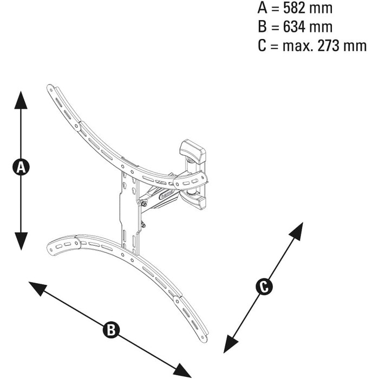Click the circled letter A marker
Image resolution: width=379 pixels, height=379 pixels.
[21, 167]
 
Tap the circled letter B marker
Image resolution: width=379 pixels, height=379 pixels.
[111, 329]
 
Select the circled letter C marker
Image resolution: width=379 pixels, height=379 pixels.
[264, 287]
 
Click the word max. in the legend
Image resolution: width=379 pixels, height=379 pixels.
[298, 46]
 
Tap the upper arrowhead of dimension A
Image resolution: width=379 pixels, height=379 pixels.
[21, 100]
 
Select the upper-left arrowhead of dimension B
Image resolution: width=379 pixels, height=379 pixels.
[37, 288]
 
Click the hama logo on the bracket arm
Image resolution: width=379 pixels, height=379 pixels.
[167, 194]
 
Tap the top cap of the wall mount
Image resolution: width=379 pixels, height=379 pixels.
[193, 151]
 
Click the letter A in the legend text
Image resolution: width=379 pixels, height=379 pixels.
[263, 8]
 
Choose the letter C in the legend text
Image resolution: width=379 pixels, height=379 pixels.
[262, 45]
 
